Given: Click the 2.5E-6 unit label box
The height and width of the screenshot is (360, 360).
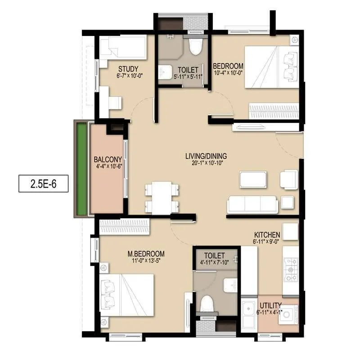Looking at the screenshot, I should point(43,183).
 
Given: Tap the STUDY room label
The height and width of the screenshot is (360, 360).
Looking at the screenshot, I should point(128,69).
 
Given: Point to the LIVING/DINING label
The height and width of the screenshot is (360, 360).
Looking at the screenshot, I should point(206,156).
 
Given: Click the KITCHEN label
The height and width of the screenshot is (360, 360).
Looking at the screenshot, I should point(267,235).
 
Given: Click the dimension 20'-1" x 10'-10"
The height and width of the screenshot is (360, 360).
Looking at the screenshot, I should point(206,163).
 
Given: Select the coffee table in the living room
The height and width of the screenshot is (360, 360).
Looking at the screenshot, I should point(253,179).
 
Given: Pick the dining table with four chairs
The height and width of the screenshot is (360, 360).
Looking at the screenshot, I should point(162,198).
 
